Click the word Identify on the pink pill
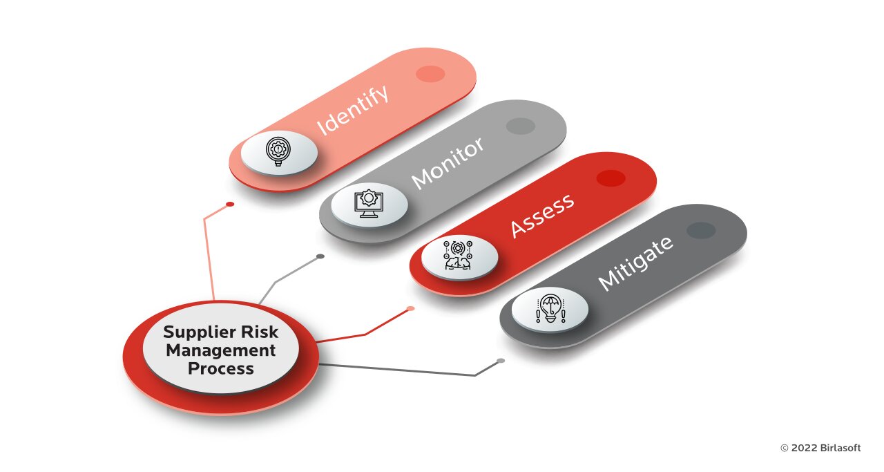click(353, 111)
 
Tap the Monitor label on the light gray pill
click(448, 163)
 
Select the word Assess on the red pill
click(542, 216)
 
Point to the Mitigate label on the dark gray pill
click(635, 263)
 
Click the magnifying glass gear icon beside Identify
click(278, 151)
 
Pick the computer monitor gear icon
click(369, 203)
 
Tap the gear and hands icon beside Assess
click(458, 255)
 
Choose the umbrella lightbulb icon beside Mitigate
click(550, 308)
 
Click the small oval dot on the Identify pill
click(430, 74)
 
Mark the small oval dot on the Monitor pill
click(521, 126)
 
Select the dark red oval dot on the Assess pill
click(611, 178)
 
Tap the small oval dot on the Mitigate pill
click(701, 230)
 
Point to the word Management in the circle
click(220, 351)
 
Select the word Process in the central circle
click(220, 368)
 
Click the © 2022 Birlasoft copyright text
click(820, 448)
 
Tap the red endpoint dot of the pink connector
click(230, 204)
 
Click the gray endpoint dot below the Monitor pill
click(320, 256)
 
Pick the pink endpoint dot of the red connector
click(410, 308)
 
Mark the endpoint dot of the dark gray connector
click(501, 361)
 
